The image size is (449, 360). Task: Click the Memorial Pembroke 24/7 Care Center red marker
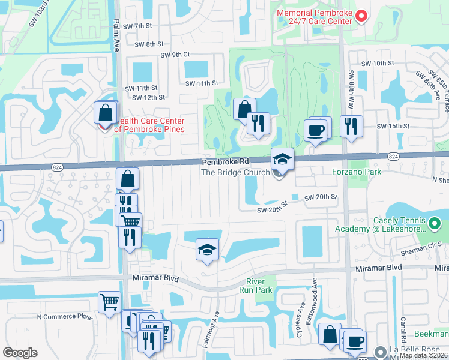tap(361, 16)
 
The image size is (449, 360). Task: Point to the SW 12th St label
tap(148, 97)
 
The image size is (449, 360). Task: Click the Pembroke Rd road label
tap(225, 162)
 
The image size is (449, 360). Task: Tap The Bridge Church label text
tap(235, 173)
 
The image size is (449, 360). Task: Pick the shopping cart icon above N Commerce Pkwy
tap(109, 302)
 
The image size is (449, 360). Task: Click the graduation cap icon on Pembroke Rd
tap(282, 159)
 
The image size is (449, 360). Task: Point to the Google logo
tap(20, 353)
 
